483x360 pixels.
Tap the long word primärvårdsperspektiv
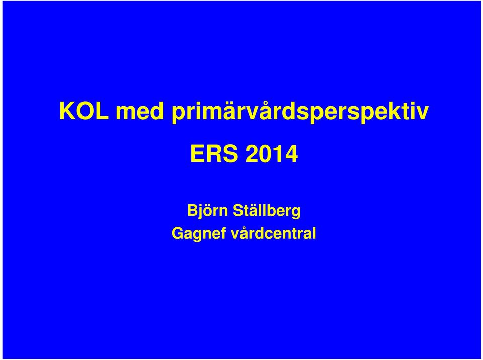(x=300, y=112)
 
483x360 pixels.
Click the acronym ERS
(x=214, y=154)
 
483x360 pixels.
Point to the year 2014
(x=272, y=154)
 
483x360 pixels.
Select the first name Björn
(x=208, y=211)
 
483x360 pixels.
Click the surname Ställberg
(x=267, y=211)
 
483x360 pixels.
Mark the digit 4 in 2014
(x=291, y=154)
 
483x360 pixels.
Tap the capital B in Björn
(x=193, y=211)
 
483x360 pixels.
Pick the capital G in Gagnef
(x=178, y=234)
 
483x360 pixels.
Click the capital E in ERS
(x=197, y=154)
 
